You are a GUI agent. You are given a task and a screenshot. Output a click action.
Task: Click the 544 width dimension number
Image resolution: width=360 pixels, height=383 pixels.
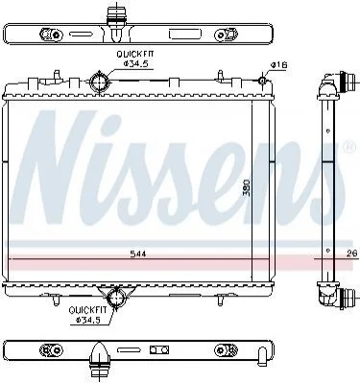pyautogui.click(x=138, y=253)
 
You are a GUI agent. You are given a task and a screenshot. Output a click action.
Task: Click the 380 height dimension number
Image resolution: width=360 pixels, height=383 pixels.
pyautogui.click(x=247, y=187)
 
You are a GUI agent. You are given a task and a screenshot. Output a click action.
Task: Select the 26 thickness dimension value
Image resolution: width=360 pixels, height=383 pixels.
pyautogui.click(x=351, y=253)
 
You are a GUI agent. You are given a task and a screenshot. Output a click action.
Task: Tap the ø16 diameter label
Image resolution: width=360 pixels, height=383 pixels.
pyautogui.click(x=278, y=65)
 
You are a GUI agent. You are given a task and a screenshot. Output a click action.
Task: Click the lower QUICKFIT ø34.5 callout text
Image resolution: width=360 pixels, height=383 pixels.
pyautogui.click(x=85, y=314)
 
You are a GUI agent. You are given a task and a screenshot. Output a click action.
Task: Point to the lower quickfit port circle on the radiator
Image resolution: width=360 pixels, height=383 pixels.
pyautogui.click(x=115, y=298)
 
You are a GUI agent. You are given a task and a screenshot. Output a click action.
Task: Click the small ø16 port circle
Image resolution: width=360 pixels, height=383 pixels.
pyautogui.click(x=262, y=80)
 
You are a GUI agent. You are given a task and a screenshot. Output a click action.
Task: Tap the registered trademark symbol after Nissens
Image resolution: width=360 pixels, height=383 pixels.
pyautogui.click(x=350, y=146)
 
